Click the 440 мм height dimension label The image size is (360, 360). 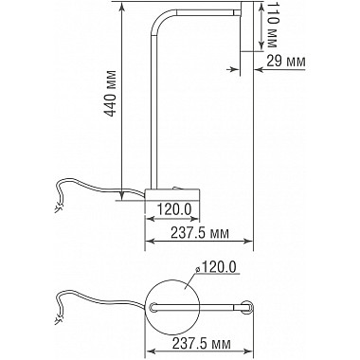(110, 93)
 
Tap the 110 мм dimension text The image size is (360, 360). (272, 26)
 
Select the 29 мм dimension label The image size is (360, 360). (286, 61)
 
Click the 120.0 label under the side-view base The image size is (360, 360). (174, 209)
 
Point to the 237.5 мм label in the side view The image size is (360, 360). (200, 233)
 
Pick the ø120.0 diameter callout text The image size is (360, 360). (216, 267)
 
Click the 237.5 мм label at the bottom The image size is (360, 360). (201, 343)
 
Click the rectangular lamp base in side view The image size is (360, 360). (172, 194)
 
